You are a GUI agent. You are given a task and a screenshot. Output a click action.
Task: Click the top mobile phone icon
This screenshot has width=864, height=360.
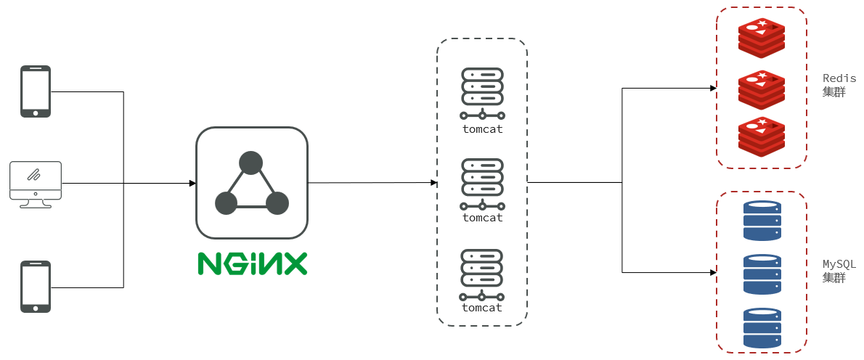(36, 91)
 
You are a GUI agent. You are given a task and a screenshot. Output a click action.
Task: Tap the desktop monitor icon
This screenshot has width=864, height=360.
(36, 184)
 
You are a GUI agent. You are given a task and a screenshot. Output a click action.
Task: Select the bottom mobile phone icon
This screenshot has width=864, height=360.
(36, 287)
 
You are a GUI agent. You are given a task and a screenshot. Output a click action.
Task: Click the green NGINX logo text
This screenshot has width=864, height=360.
(252, 263)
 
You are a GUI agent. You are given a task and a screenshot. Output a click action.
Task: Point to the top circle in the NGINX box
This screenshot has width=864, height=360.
(251, 163)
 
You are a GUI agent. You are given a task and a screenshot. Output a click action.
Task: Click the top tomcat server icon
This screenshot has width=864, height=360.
(483, 94)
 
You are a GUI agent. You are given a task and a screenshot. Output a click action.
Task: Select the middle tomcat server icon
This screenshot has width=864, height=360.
(483, 184)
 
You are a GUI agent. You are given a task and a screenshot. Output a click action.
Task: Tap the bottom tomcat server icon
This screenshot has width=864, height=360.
(483, 274)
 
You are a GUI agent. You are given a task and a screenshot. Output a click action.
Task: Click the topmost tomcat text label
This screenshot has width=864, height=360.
(483, 129)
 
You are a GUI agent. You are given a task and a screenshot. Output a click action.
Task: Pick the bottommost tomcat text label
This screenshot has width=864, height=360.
(483, 308)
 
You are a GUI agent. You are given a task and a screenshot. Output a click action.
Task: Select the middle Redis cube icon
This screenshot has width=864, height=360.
(762, 90)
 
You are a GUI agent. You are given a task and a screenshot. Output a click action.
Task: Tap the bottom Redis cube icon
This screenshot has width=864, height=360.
(762, 137)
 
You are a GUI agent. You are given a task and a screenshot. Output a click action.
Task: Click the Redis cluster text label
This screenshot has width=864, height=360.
(839, 85)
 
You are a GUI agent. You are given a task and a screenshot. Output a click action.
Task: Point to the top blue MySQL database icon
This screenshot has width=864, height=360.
(762, 221)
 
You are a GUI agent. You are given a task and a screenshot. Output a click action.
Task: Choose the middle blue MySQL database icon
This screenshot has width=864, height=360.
(762, 274)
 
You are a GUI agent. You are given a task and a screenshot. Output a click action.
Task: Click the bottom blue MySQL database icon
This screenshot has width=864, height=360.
(762, 327)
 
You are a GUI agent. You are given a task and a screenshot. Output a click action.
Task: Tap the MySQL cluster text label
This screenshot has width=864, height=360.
(839, 271)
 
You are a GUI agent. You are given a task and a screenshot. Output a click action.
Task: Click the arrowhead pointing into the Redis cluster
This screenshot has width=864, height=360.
(713, 88)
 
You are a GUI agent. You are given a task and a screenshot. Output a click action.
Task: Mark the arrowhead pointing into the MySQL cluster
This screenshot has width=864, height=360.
(713, 272)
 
